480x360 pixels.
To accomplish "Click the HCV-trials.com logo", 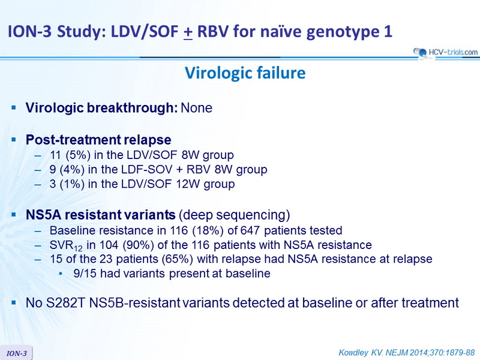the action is coord(445,52).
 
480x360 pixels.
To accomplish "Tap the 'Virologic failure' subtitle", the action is coord(245,73).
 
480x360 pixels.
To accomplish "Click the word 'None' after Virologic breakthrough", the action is coord(197,108).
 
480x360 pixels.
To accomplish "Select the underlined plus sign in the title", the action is coord(188,32).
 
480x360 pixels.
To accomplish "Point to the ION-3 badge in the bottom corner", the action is coord(17,353).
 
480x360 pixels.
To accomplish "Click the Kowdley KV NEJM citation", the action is coord(407,353).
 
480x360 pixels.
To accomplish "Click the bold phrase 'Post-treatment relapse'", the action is coord(98,140).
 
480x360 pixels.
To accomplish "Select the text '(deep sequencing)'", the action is coord(234,215).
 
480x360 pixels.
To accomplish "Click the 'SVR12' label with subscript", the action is coord(66,246).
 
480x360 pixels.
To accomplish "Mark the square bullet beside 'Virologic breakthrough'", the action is coord(13,107).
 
